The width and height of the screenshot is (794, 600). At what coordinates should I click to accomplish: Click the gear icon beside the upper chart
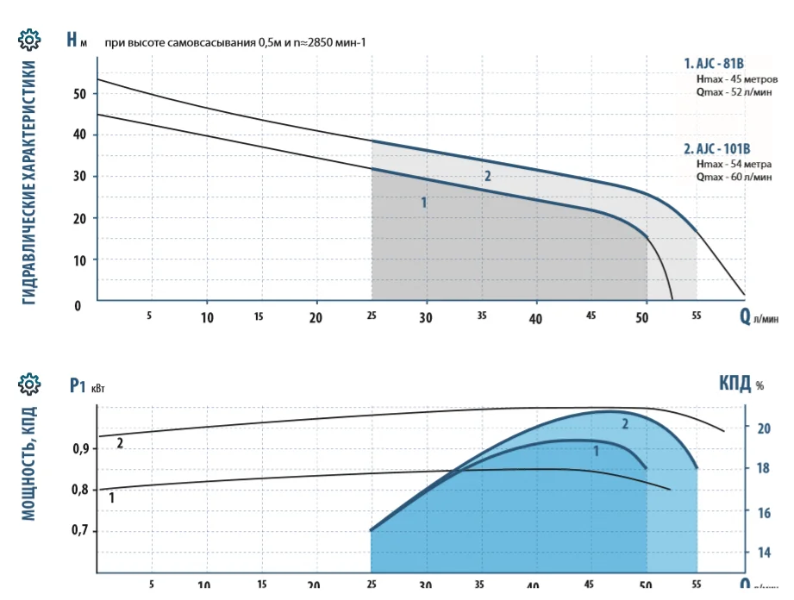(29, 40)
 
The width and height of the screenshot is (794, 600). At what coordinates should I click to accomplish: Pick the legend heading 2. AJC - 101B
(717, 149)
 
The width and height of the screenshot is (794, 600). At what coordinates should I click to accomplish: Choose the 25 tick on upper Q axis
(372, 316)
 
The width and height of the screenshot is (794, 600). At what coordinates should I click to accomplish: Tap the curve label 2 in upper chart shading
(487, 176)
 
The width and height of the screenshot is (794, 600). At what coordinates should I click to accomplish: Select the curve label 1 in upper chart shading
(423, 203)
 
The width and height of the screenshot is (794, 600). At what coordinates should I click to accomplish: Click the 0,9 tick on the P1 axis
(80, 448)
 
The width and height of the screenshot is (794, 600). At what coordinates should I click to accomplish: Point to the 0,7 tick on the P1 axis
(80, 531)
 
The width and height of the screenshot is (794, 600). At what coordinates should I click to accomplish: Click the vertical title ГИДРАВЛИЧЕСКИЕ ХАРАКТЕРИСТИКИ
(29, 181)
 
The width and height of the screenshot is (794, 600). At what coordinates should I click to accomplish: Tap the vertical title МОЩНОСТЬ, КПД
(29, 463)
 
